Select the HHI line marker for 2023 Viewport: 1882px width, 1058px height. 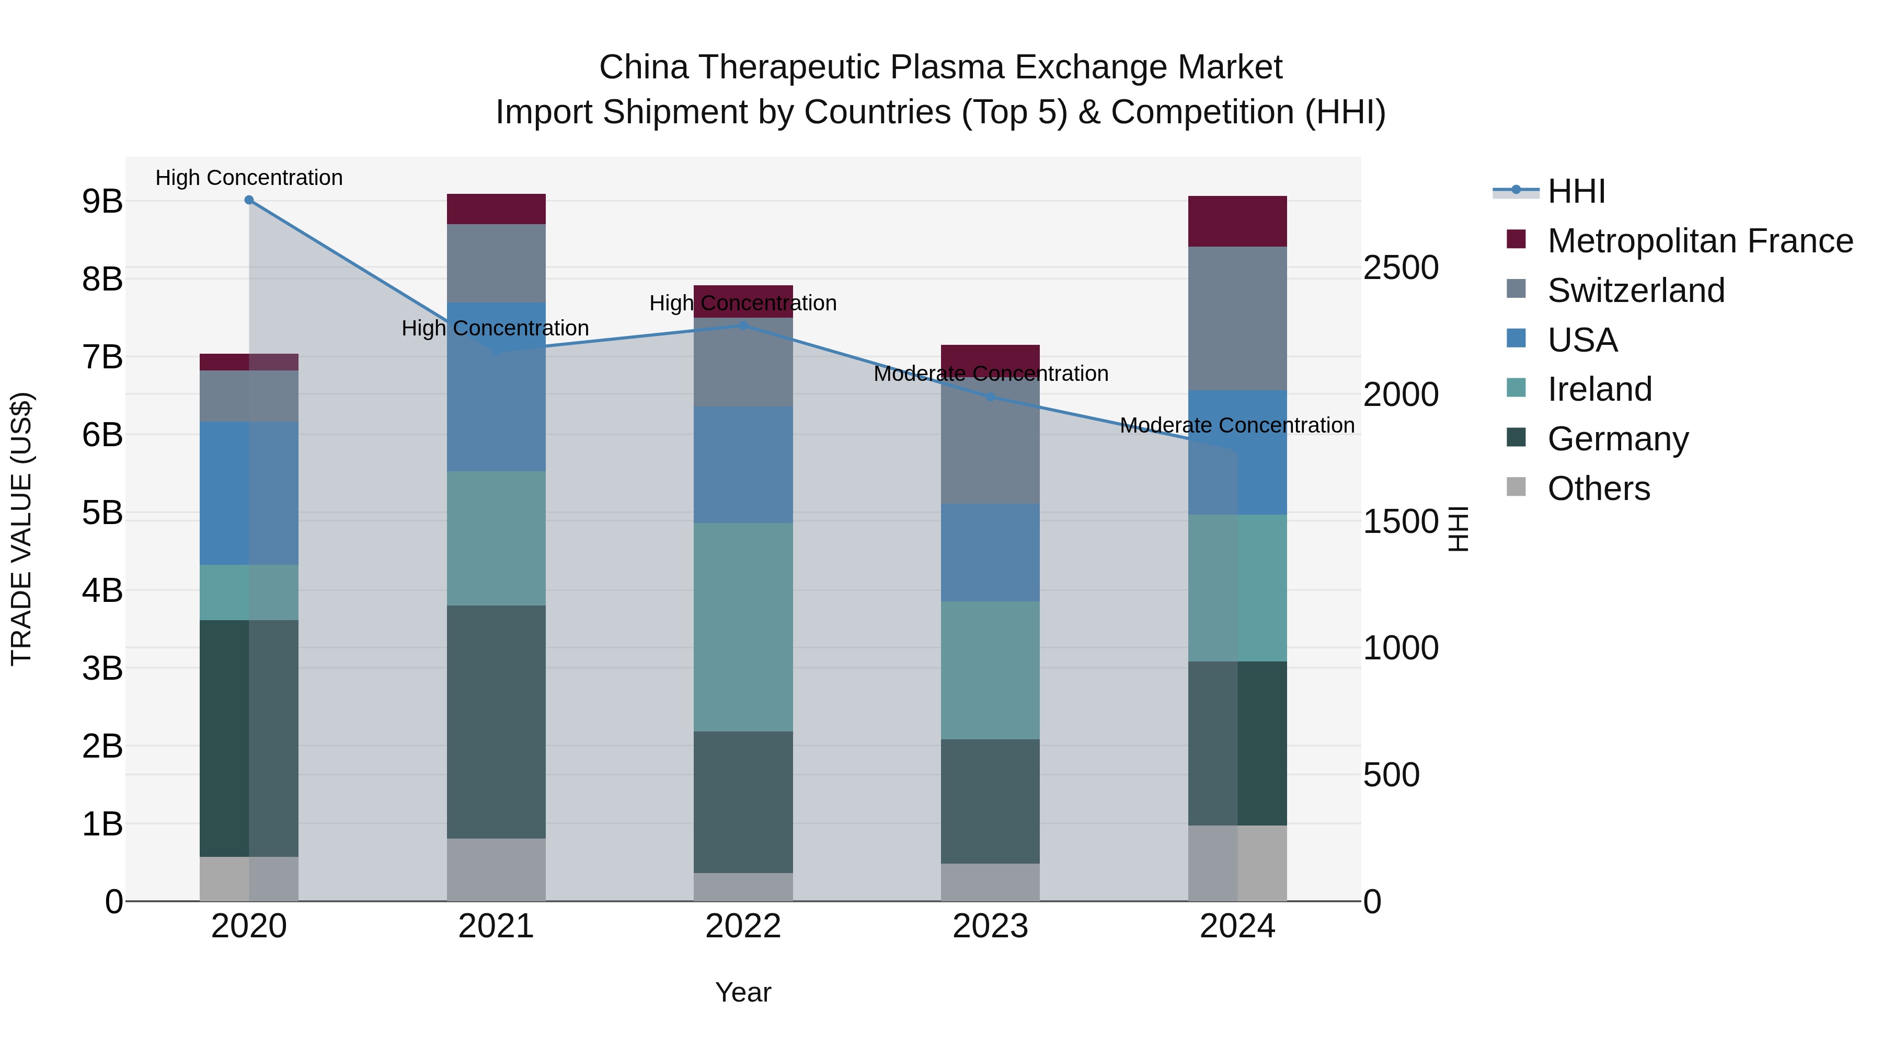[990, 397]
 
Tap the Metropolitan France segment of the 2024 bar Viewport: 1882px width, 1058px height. [1237, 221]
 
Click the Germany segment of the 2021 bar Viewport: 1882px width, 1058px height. [496, 722]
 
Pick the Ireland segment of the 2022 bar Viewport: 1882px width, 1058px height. [743, 626]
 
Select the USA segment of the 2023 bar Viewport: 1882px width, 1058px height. [990, 552]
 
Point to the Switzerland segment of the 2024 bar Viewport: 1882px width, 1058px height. [1237, 318]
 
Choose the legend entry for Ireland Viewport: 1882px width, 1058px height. [1599, 389]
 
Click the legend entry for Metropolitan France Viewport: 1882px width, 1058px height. [1700, 241]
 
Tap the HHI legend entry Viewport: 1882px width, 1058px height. [1575, 191]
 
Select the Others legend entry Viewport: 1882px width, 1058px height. [1598, 489]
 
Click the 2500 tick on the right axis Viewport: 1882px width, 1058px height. [1401, 268]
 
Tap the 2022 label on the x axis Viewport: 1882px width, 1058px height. [743, 926]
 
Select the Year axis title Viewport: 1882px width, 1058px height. [743, 992]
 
